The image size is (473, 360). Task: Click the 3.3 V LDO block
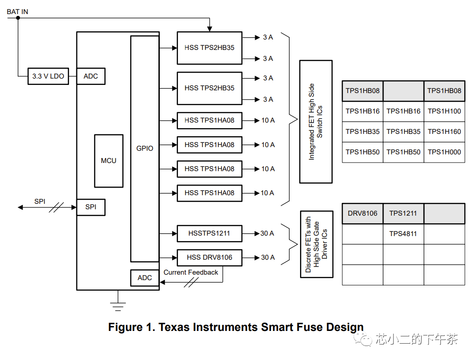pyautogui.click(x=48, y=76)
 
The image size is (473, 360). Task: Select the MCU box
pyautogui.click(x=108, y=161)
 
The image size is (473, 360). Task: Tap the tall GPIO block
pyautogui.click(x=145, y=148)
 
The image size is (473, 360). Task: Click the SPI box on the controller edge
pyautogui.click(x=91, y=207)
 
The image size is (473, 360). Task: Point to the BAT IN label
pyautogui.click(x=17, y=11)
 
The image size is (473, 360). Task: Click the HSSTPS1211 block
pyautogui.click(x=209, y=233)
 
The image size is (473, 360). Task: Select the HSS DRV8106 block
pyautogui.click(x=209, y=257)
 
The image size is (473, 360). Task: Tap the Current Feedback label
pyautogui.click(x=191, y=272)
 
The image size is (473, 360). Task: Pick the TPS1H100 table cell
pyautogui.click(x=444, y=111)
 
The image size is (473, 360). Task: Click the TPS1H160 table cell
pyautogui.click(x=444, y=132)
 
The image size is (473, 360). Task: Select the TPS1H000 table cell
pyautogui.click(x=444, y=152)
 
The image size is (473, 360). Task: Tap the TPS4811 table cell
pyautogui.click(x=403, y=234)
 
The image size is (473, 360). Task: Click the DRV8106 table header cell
pyautogui.click(x=362, y=213)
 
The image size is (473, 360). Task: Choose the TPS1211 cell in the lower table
pyautogui.click(x=403, y=213)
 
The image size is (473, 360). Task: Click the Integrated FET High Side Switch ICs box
pyautogui.click(x=315, y=122)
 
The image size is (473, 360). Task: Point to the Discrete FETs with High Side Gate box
pyautogui.click(x=316, y=244)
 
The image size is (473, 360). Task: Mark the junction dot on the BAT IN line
pyautogui.click(x=18, y=18)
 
